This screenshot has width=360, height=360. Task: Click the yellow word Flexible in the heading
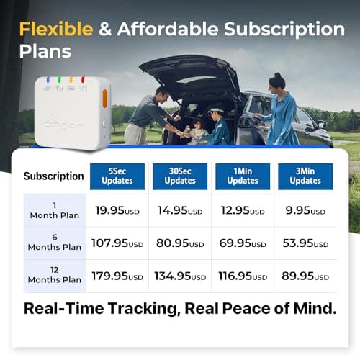click(x=56, y=30)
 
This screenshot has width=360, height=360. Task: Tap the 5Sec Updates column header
click(x=117, y=176)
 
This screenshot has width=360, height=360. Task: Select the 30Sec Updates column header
click(x=180, y=176)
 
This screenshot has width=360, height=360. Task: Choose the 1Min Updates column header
click(x=243, y=176)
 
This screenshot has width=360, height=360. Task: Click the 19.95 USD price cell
click(x=117, y=211)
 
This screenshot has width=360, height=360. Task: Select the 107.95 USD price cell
click(x=117, y=244)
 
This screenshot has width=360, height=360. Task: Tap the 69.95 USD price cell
click(x=243, y=244)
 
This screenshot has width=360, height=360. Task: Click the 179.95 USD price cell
click(x=117, y=276)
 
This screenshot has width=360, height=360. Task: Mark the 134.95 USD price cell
click(x=180, y=276)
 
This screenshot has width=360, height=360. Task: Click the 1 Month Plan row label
click(x=54, y=210)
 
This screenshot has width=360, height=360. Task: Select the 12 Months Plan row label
click(x=54, y=276)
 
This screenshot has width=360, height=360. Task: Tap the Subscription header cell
click(x=54, y=176)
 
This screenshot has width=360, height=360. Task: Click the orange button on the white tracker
click(x=104, y=98)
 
